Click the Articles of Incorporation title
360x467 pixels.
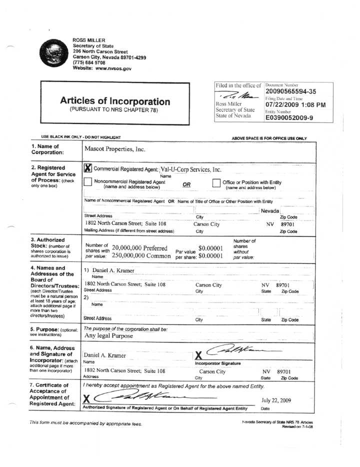[x=114, y=101]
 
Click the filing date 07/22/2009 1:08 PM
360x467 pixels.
[x=295, y=105]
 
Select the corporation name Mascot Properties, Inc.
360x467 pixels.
[x=115, y=149]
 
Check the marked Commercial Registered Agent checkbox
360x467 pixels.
[x=88, y=168]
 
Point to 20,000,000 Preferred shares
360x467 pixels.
[x=139, y=248]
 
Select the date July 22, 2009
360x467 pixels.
[x=276, y=400]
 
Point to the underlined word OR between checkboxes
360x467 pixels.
[x=186, y=184]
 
